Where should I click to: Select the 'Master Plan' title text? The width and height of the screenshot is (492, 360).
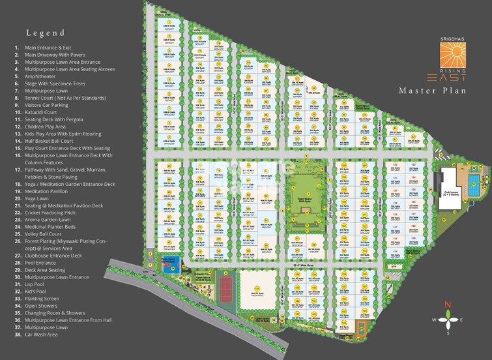(x=432, y=91)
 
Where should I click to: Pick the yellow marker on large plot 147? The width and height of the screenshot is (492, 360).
(x=256, y=288)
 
